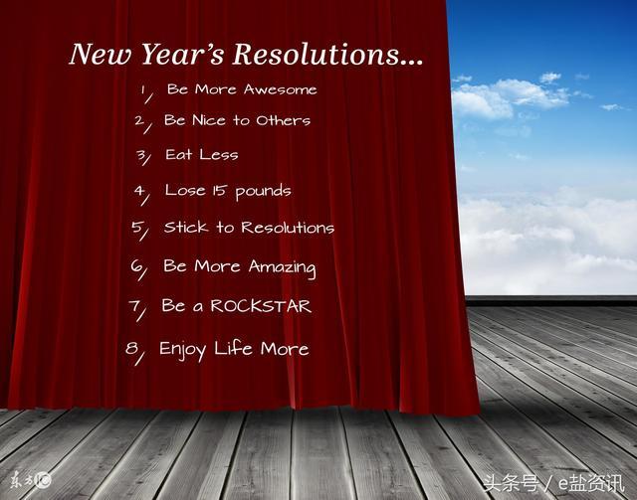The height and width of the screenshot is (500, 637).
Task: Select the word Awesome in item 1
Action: coord(280,89)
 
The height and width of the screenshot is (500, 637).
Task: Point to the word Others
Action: coord(283,120)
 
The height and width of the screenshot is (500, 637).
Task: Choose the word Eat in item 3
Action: coord(179,154)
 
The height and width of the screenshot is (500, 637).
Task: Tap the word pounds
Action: coord(263,192)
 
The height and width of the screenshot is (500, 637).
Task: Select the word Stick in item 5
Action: coord(186,227)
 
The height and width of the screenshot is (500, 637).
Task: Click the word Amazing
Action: coord(282,267)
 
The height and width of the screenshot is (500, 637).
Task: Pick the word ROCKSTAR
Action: coord(261,306)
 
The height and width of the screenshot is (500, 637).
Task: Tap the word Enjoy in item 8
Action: coord(182,350)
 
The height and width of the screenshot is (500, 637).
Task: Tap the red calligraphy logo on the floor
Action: coord(31,480)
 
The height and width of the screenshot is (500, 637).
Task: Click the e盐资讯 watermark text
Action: coord(591,483)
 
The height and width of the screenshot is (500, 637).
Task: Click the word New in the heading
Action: coord(100,54)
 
